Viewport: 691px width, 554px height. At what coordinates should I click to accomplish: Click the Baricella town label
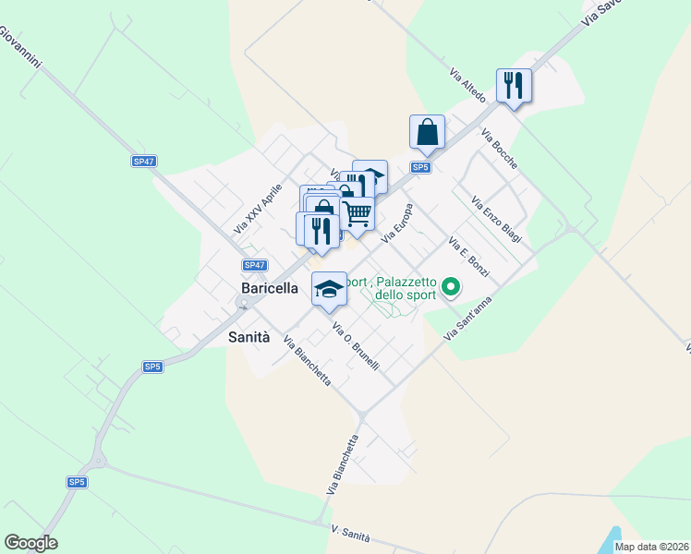tap(270, 288)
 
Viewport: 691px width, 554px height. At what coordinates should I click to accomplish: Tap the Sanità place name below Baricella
tap(249, 337)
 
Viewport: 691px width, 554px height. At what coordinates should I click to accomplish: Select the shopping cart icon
tap(358, 214)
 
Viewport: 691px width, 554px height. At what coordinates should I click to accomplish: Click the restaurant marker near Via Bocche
tap(513, 86)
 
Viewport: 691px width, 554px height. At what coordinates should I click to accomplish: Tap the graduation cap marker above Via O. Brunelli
tap(328, 289)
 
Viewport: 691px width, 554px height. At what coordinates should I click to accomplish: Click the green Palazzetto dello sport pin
tap(451, 288)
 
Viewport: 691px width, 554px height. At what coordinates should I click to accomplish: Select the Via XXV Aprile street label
tap(258, 208)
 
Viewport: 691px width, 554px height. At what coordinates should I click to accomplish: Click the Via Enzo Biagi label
tap(496, 220)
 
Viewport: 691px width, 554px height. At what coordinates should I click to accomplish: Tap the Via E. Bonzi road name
tap(468, 259)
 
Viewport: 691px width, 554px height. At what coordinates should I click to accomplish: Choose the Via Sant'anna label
tap(468, 318)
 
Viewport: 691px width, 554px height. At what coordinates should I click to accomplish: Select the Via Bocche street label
tap(499, 147)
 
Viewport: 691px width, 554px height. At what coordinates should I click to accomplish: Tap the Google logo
tap(30, 543)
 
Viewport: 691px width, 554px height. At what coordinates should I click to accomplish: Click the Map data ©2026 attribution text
tap(652, 547)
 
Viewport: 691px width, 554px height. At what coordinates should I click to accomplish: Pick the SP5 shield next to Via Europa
tap(420, 167)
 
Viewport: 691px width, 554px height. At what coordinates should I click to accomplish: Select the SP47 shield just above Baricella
tap(255, 265)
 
